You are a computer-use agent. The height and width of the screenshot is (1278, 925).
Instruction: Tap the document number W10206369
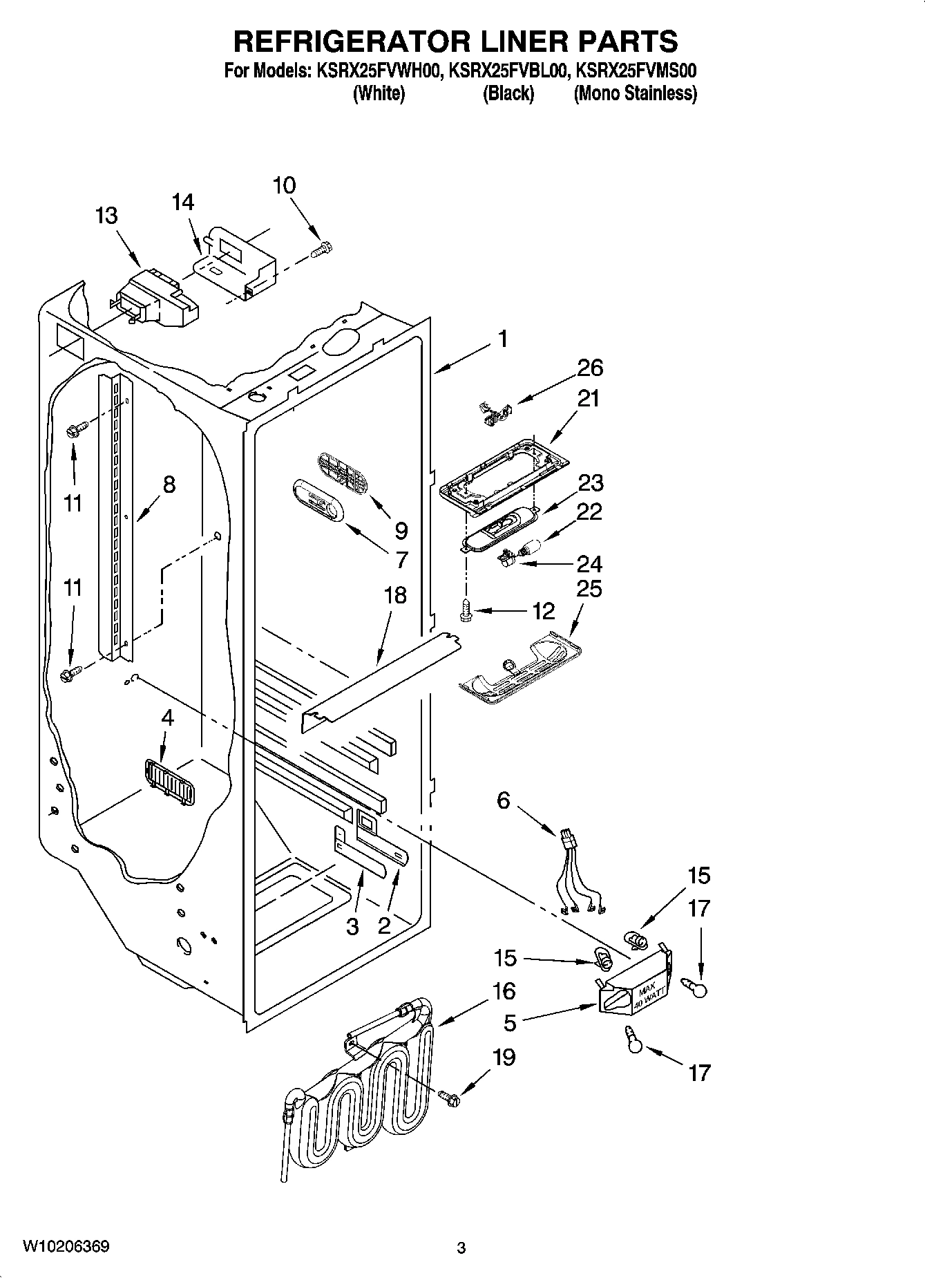click(66, 1246)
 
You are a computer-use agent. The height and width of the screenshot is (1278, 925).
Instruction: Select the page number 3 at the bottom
click(461, 1248)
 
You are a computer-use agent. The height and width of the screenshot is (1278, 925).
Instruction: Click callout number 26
click(590, 368)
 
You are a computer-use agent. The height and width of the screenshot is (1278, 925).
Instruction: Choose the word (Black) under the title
click(508, 93)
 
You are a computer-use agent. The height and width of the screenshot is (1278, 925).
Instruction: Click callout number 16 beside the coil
click(504, 990)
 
